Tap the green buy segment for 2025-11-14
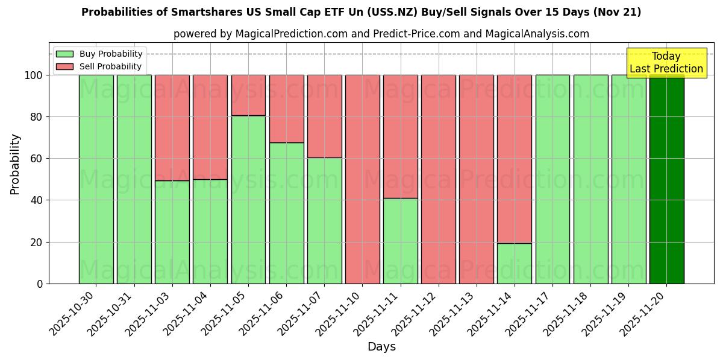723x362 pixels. (515, 263)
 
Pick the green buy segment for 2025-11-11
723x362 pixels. (401, 241)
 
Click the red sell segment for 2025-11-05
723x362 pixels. (248, 95)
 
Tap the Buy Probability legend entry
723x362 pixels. (99, 54)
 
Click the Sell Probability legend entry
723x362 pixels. (99, 66)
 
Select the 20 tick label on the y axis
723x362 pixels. (36, 243)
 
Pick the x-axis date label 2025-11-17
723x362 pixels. (527, 314)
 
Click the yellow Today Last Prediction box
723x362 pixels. (666, 63)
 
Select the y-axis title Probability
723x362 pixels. (15, 164)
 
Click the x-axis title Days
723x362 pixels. (381, 347)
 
